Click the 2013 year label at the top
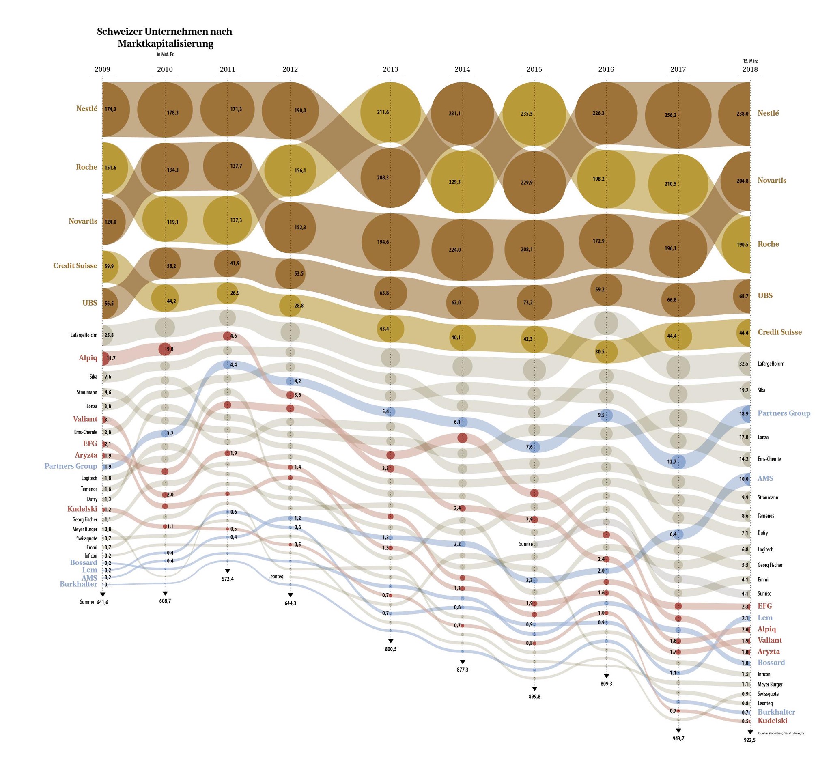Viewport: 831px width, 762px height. point(390,69)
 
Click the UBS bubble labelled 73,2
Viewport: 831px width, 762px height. point(534,302)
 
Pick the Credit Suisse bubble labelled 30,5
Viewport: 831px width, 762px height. point(606,352)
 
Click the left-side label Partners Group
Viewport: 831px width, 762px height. point(71,466)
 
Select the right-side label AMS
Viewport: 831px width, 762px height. point(765,478)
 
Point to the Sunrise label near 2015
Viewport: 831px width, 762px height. point(525,544)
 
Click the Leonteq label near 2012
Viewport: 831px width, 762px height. point(276,576)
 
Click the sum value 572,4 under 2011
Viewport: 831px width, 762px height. point(227,579)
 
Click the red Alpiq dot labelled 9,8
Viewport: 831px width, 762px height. point(165,349)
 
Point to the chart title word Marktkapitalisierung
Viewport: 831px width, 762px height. point(166,43)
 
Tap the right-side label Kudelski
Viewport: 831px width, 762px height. point(772,720)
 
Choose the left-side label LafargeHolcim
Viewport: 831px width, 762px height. point(84,335)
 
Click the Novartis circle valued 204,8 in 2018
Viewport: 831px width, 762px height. point(739,181)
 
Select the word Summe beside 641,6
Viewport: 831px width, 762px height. point(86,602)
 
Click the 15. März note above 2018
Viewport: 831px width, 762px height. point(750,61)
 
